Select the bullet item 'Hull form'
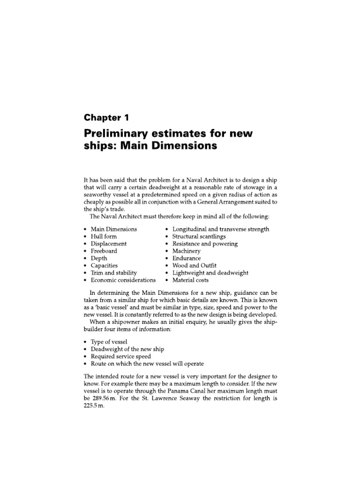coord(104,236)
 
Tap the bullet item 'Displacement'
coord(109,244)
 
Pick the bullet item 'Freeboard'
coord(104,251)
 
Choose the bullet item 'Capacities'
coord(104,265)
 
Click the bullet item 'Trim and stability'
coord(114,272)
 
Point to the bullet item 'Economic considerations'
coord(123,280)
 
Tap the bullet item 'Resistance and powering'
coord(205,244)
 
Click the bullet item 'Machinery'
coord(187,251)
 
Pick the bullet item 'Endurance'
coord(187,258)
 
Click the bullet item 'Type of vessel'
coord(109,342)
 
